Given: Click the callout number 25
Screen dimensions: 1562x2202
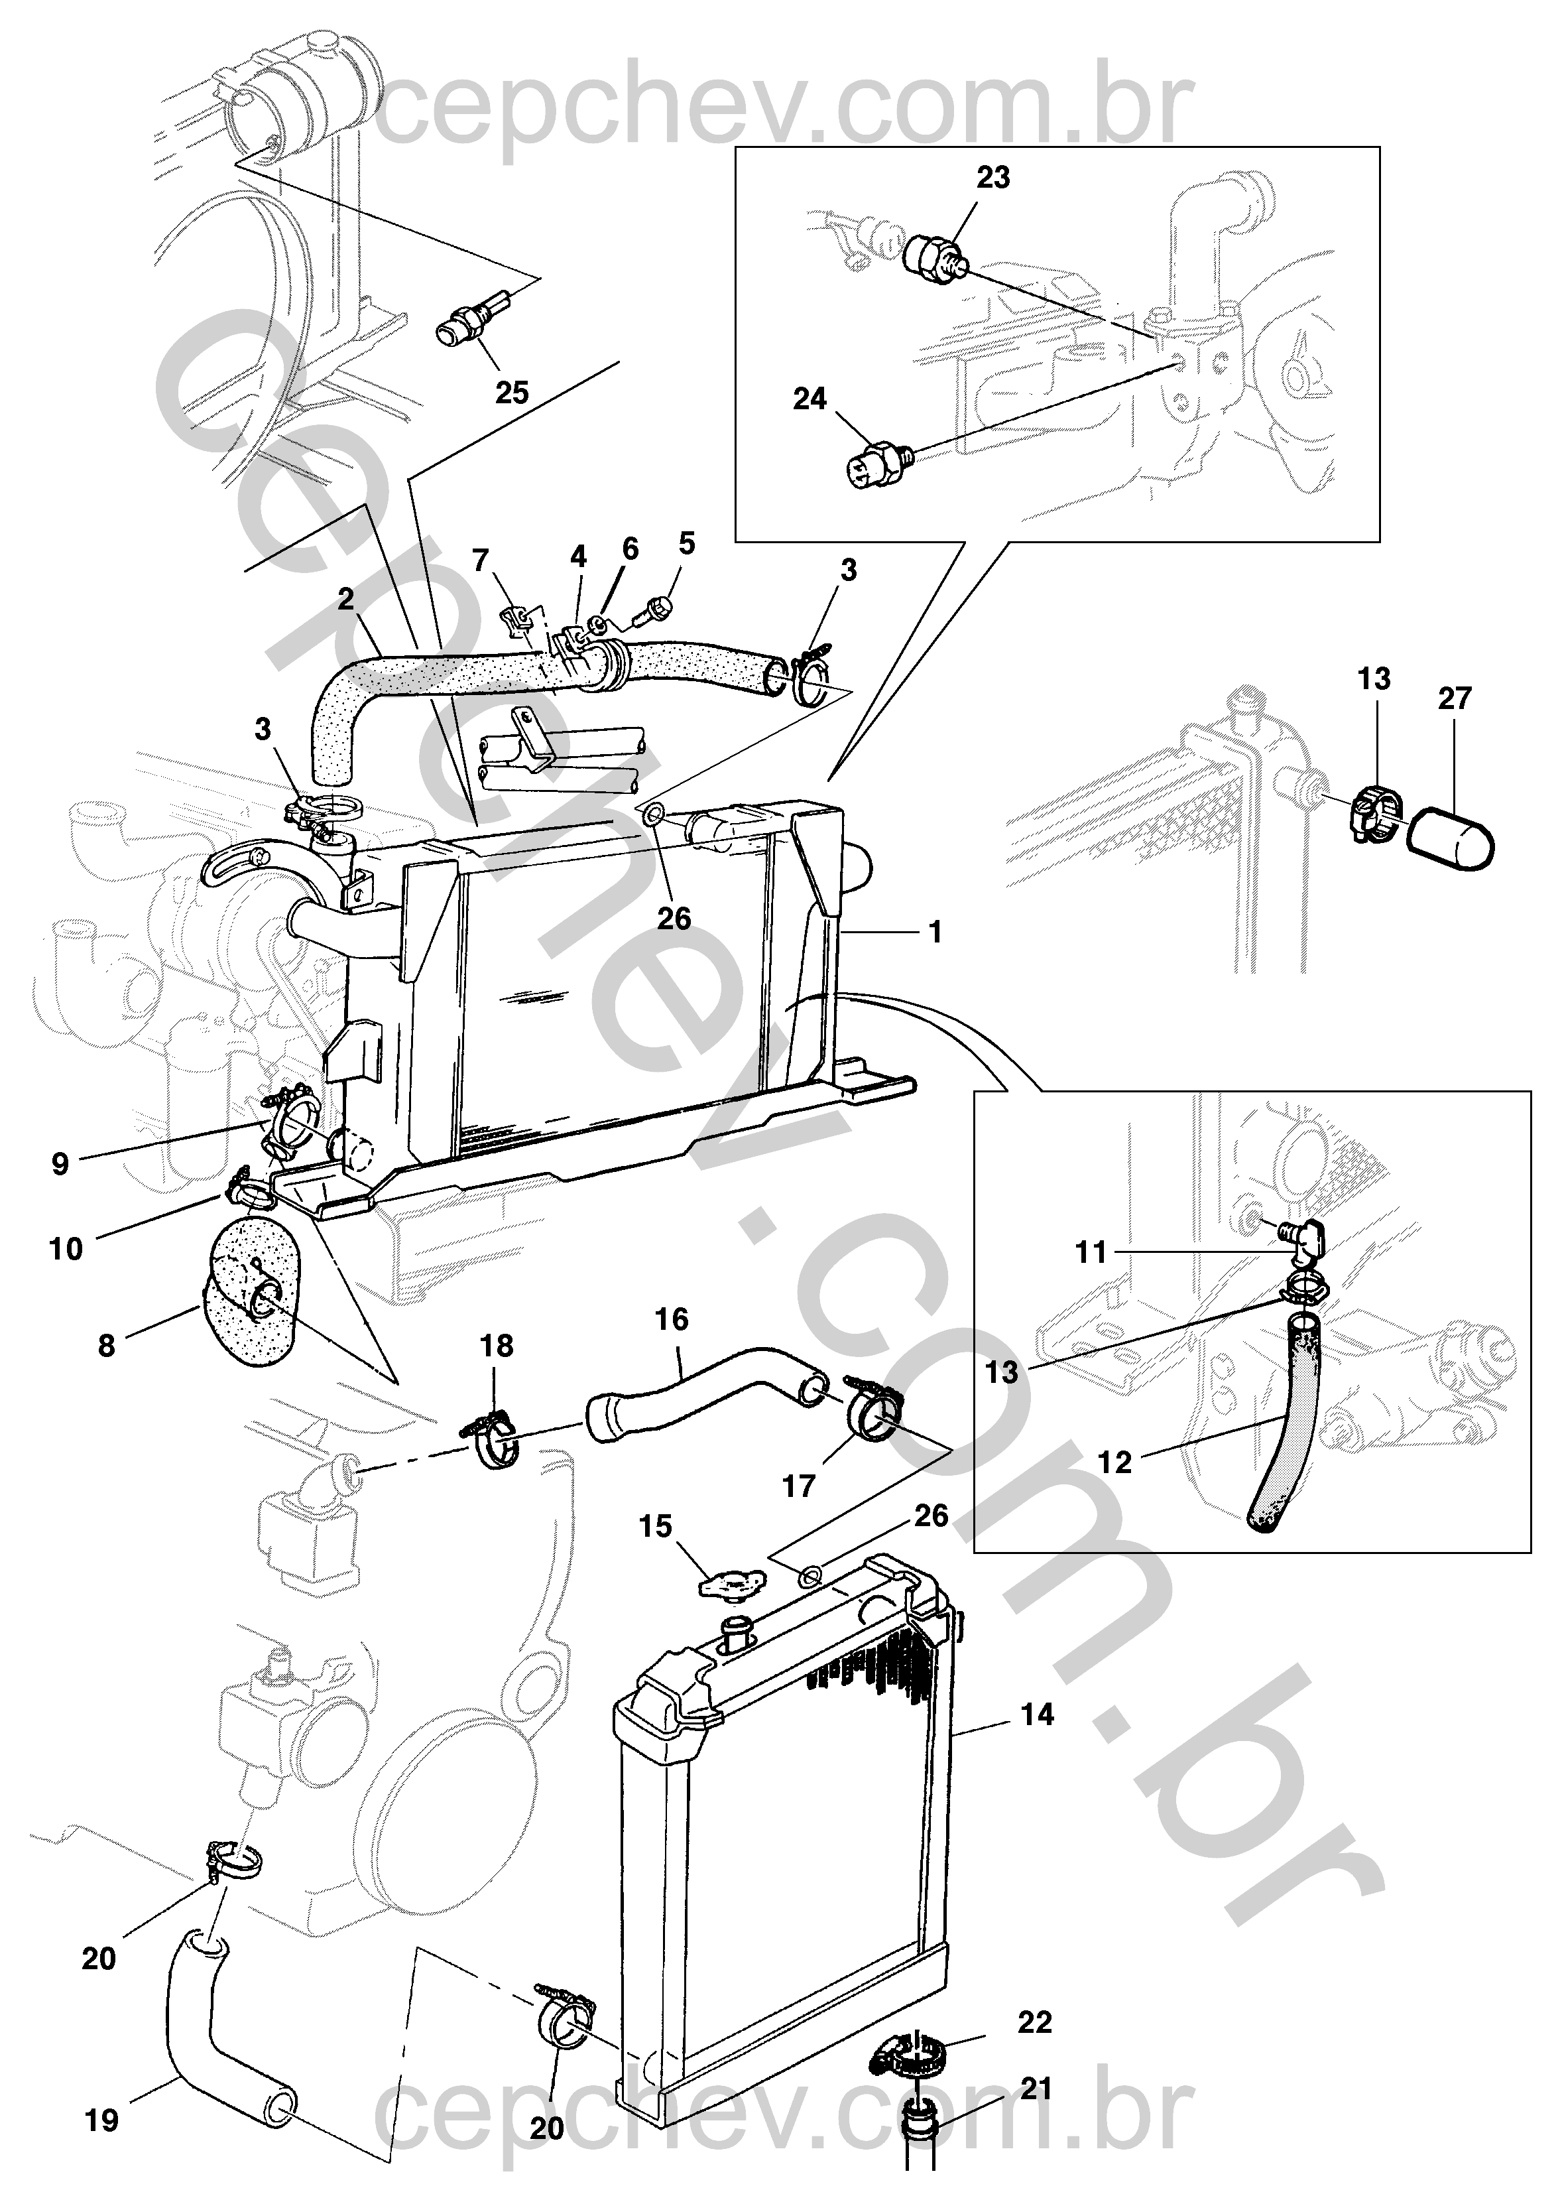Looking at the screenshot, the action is (512, 393).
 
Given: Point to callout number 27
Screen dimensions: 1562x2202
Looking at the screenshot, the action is (1455, 698).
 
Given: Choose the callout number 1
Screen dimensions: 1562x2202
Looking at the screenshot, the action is (934, 932).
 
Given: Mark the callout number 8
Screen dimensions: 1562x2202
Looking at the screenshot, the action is (106, 1346).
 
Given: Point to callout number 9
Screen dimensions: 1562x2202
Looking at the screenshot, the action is (60, 1164).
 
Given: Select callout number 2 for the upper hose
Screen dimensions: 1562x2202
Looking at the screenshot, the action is (346, 600).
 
